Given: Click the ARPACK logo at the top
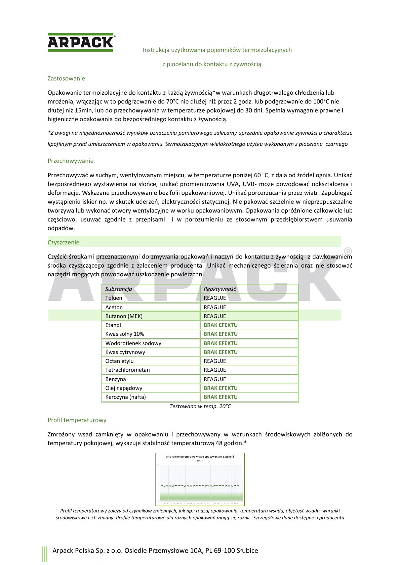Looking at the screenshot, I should coord(81,42).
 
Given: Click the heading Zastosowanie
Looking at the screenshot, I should coord(66,79).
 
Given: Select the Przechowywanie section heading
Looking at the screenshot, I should coord(71,161).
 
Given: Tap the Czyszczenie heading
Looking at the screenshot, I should coord(64,242).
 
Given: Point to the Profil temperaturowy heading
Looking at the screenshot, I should coord(77,420).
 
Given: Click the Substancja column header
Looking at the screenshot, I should coord(119,289).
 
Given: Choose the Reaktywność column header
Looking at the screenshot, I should coord(220,289).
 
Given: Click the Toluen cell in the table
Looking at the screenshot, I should coord(114,298).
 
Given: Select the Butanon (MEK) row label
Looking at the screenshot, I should coord(124,316).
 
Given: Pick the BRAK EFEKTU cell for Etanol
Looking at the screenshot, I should coord(221,325).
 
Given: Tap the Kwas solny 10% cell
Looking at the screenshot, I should coord(125,334).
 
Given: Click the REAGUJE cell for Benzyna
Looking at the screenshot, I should coord(215,379).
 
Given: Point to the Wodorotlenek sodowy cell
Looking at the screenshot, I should coord(133,343).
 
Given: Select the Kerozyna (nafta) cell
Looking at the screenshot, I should coord(125,397).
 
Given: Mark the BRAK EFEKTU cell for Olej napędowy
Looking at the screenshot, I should coord(221,388).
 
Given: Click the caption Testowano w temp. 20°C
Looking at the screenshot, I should coord(200,407).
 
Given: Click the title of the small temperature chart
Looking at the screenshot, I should coord(200,458).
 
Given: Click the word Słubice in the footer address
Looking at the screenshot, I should coord(247,551).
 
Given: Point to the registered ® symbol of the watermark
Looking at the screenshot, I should coord(348,251).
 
